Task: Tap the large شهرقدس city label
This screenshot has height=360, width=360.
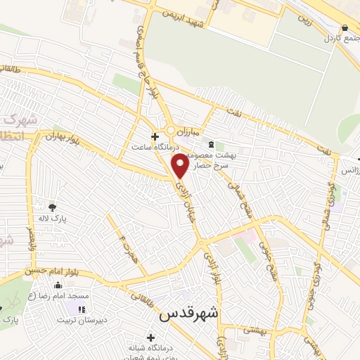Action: point(191,314)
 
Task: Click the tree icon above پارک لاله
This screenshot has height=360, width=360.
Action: point(53,207)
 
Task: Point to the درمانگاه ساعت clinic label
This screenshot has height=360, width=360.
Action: point(156,148)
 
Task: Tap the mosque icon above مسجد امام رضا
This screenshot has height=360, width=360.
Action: point(58,285)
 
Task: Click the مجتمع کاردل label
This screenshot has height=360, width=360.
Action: point(342,37)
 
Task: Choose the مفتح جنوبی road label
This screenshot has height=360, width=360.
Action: point(266,261)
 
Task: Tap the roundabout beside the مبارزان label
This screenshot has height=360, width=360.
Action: point(171,131)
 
